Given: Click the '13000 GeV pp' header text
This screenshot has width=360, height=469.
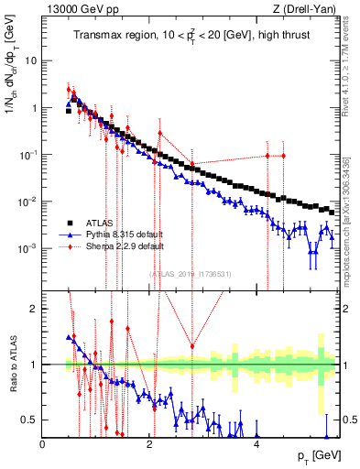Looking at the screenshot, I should (81, 9).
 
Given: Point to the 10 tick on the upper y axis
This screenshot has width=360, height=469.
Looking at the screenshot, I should (31, 60).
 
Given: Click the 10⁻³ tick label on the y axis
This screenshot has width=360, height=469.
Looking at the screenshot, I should (29, 248).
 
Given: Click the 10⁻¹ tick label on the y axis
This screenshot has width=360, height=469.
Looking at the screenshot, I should (29, 155).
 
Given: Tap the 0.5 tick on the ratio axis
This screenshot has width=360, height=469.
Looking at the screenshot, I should (31, 420).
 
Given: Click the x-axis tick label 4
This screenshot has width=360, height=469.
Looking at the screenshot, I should (256, 443).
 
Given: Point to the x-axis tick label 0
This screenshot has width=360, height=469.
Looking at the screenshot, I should (43, 443).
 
